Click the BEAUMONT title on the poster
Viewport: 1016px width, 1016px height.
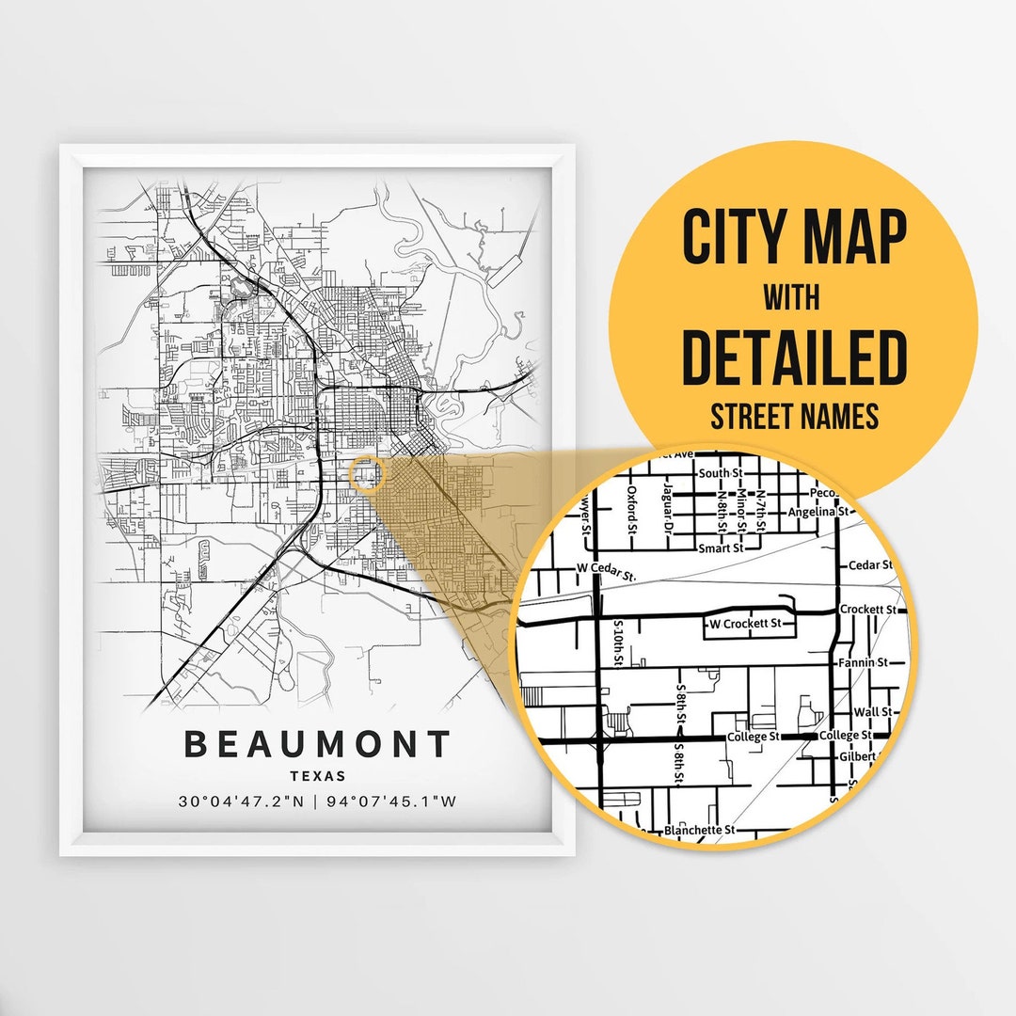(x=317, y=744)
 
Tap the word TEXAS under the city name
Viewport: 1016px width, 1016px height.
(x=317, y=777)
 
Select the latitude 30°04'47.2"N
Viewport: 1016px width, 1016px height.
(x=241, y=802)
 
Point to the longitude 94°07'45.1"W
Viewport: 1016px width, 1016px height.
(x=391, y=802)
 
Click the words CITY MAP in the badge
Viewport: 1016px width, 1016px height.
(x=793, y=238)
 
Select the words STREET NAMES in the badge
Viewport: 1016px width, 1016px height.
(x=793, y=416)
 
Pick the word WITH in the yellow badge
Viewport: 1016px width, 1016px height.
(x=792, y=297)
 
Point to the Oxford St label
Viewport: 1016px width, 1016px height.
(x=633, y=509)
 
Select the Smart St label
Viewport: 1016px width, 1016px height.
(x=721, y=547)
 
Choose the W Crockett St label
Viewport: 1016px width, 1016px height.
(x=745, y=623)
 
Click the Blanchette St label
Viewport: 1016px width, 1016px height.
(x=699, y=831)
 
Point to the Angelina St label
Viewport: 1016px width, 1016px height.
(x=818, y=512)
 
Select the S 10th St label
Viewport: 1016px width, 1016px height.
(x=618, y=643)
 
